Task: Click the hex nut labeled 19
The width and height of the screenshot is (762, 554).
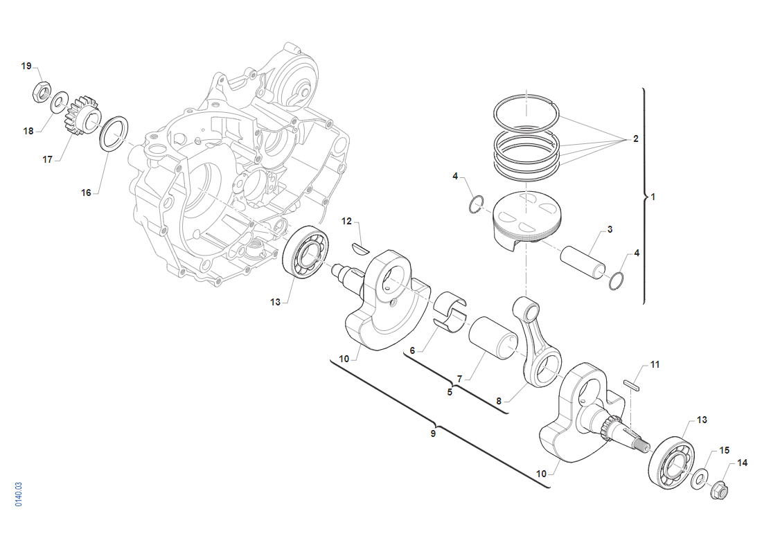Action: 42,92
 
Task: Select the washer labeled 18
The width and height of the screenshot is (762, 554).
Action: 59,101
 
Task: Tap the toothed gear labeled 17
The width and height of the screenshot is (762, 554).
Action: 82,116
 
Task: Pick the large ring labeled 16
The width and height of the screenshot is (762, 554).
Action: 114,134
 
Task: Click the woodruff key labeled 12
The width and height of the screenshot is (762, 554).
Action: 361,249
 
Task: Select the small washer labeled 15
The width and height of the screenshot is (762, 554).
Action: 700,479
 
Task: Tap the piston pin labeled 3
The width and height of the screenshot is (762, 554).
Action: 583,261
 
